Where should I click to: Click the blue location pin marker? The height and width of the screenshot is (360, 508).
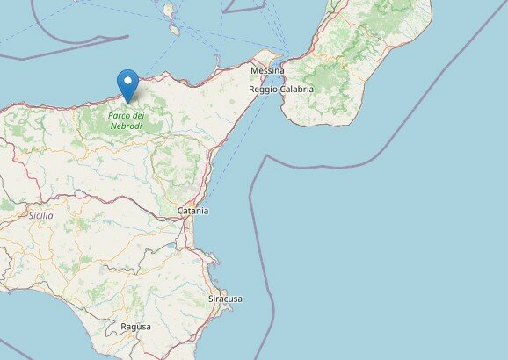[129, 84]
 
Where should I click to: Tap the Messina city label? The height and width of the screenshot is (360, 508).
[267, 70]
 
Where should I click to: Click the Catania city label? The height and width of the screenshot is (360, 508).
[192, 211]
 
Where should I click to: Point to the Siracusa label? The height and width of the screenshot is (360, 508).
[225, 299]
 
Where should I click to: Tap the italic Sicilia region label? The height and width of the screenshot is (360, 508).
[40, 215]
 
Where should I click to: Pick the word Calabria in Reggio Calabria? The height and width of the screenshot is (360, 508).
[297, 90]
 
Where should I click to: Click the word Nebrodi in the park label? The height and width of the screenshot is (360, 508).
[126, 126]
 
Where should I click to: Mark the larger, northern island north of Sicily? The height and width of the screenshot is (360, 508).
[168, 11]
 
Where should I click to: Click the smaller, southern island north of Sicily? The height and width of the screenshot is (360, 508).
[174, 30]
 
